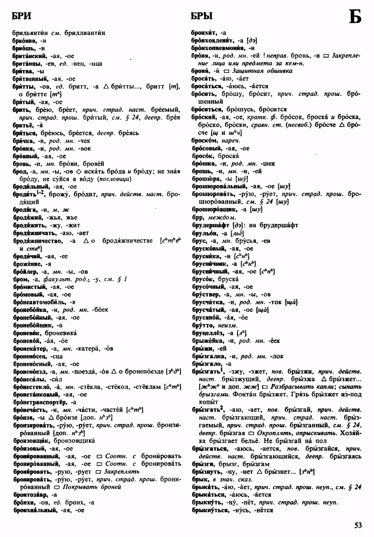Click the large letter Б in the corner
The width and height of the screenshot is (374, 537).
pos(355,17)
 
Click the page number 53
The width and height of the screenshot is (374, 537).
pos(358,525)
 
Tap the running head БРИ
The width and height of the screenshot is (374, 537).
pos(21,16)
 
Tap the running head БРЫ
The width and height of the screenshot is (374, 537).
pos(201,16)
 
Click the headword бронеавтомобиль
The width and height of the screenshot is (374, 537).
pos(39,302)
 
